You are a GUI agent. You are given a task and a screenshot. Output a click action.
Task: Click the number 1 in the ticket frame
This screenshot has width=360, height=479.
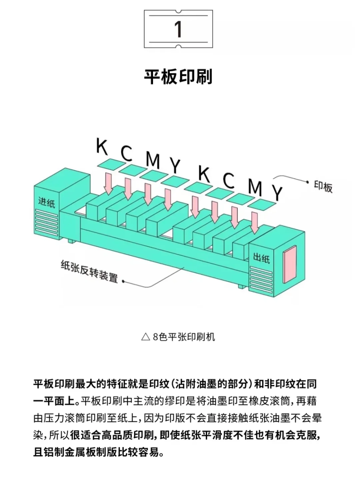178,29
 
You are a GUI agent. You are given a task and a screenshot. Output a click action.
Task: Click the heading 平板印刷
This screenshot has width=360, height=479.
178,77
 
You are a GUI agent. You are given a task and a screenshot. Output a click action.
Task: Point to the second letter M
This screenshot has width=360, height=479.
255,187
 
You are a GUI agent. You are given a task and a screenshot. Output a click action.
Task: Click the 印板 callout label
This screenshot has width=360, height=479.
323,186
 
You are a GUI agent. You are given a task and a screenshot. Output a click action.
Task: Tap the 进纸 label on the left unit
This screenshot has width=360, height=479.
46,202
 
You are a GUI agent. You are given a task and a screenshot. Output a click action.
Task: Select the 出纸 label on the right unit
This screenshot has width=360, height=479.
261,257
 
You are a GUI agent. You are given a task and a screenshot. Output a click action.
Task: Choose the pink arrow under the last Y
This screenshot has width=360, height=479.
255,223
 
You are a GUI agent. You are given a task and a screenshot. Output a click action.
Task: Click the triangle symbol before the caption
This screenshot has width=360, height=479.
145,337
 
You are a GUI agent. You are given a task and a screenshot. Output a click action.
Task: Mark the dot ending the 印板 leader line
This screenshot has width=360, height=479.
307,182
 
